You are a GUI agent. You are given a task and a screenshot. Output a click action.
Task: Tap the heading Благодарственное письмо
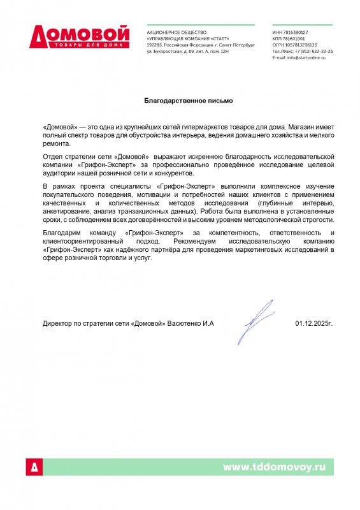[x=180, y=101]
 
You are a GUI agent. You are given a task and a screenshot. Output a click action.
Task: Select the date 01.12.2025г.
[x=314, y=324]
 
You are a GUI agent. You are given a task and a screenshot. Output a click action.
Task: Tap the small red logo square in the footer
[x=34, y=467]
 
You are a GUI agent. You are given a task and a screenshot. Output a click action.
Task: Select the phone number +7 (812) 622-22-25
[x=308, y=51]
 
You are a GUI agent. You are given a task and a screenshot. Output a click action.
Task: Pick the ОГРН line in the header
[x=294, y=45]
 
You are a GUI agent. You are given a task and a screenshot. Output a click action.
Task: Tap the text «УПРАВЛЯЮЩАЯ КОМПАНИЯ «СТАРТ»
[x=180, y=39]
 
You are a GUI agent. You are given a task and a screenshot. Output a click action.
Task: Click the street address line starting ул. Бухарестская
[x=188, y=51]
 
